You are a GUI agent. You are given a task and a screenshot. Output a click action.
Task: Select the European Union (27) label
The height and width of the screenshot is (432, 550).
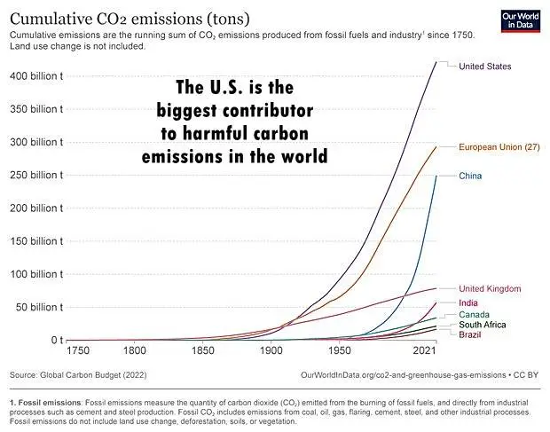(499, 146)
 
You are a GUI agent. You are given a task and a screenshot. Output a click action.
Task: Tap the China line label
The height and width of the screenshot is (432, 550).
(470, 177)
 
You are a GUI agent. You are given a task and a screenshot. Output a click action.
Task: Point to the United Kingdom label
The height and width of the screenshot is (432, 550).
(490, 289)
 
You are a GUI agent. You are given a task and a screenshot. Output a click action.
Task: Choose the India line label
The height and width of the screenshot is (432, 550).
(468, 303)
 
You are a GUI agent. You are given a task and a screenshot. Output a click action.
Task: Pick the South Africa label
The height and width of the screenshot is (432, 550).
(483, 325)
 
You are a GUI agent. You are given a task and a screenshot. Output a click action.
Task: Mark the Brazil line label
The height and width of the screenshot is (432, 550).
(470, 334)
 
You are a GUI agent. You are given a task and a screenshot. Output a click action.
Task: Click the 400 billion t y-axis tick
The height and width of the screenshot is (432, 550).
(35, 76)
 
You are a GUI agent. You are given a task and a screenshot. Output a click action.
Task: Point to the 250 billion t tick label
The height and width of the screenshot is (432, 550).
(35, 175)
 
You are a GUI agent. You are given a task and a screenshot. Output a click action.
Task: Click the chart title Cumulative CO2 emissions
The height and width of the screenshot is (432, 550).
(129, 18)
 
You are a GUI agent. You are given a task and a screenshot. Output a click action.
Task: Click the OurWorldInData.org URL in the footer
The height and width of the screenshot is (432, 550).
(408, 375)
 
